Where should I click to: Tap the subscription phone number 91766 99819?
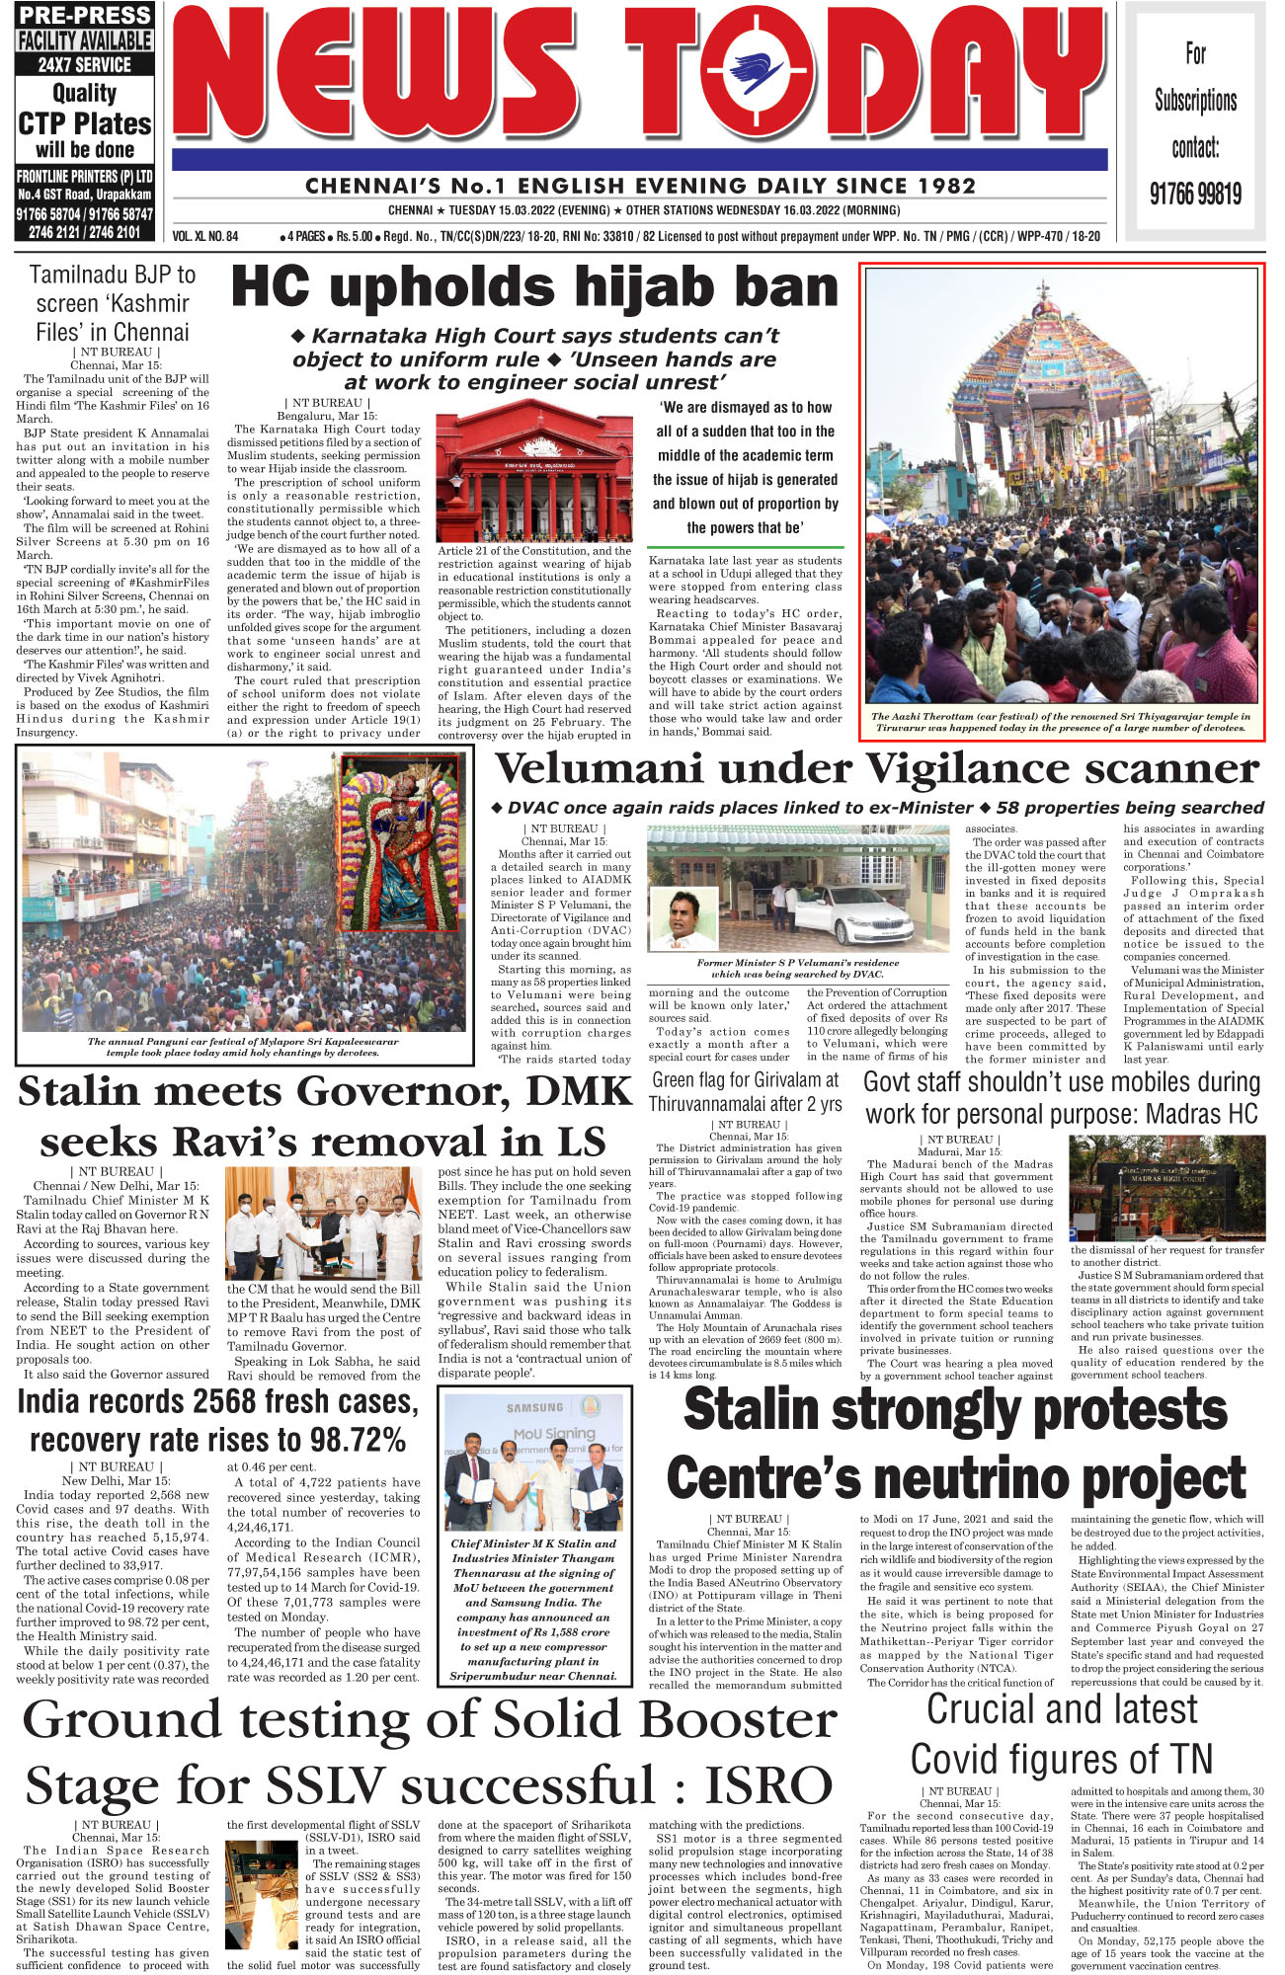click(1195, 194)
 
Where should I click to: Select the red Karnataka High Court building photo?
click(534, 477)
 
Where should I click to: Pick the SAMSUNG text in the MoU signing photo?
click(534, 1407)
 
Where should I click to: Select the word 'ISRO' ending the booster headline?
click(767, 1786)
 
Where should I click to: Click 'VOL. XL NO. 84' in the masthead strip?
click(205, 237)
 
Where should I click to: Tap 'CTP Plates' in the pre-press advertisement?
click(85, 124)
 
